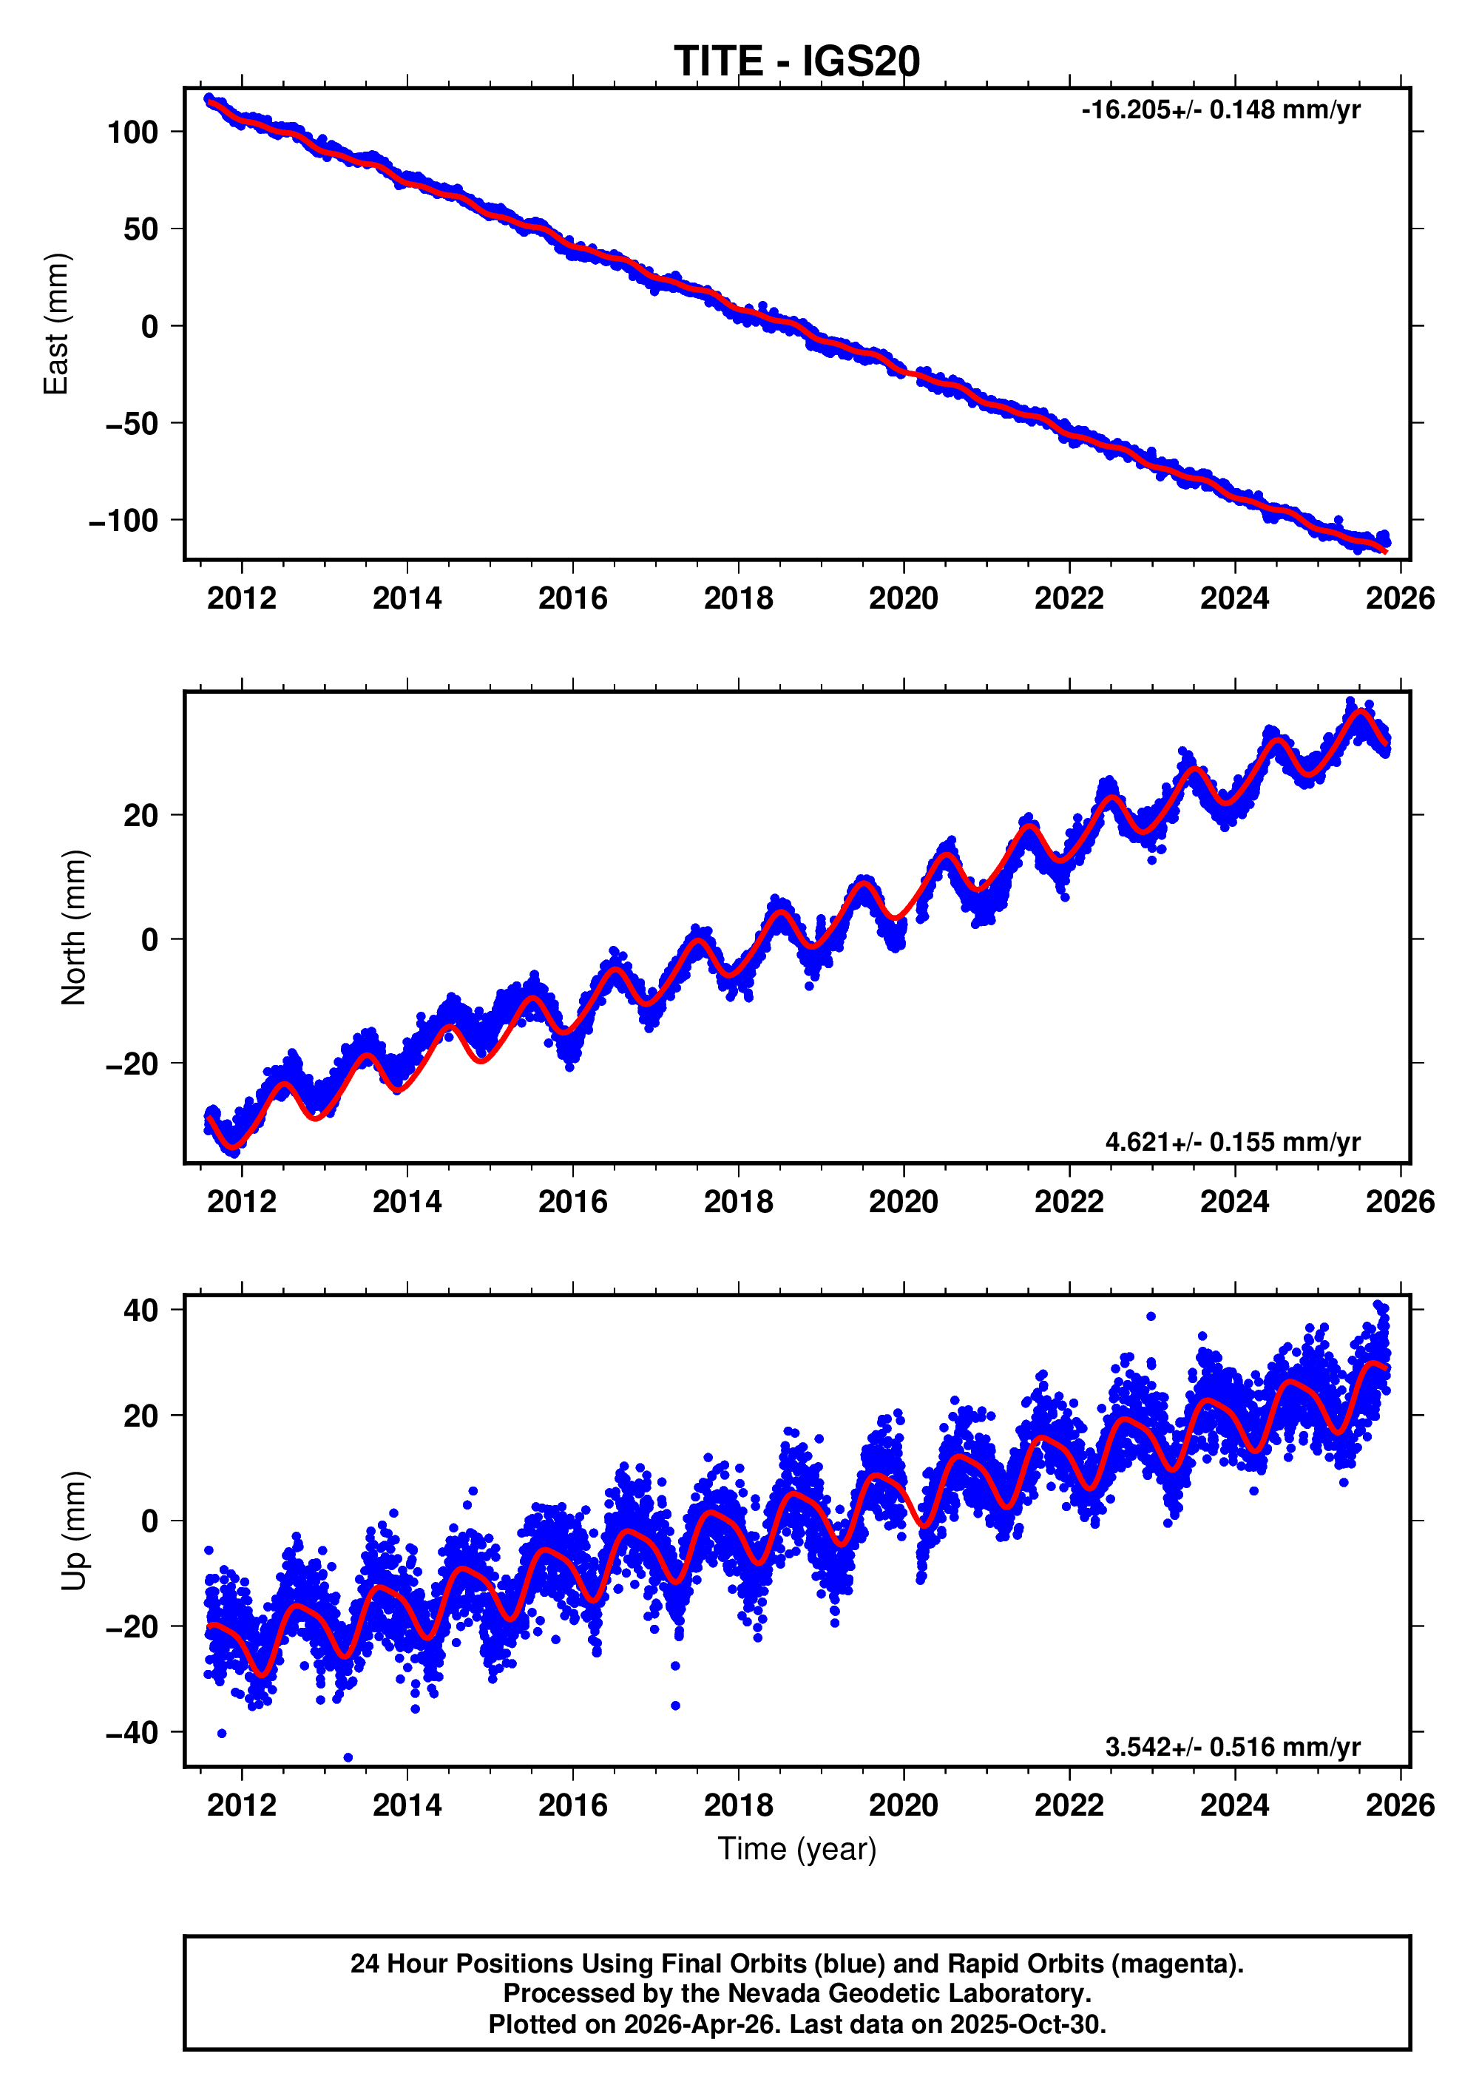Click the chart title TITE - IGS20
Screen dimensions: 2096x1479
pos(796,61)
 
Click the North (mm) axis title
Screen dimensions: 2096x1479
pos(73,927)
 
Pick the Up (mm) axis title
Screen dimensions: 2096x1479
pos(73,1531)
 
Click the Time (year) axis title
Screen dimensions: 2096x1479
pos(796,1848)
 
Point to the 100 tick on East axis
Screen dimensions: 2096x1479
pos(132,132)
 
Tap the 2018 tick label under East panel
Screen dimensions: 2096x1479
pos(738,599)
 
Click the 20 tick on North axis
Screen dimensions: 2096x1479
pos(141,815)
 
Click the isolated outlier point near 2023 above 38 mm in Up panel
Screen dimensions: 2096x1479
pos(1151,1316)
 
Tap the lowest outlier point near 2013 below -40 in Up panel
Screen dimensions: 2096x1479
pos(348,1757)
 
